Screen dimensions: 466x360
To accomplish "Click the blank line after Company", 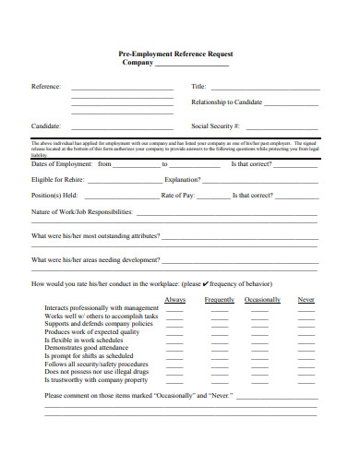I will (193, 66).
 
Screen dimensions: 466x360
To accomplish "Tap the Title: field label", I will (198, 86).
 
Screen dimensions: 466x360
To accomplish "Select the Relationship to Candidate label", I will (226, 102).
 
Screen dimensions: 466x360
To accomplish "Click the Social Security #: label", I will (215, 125).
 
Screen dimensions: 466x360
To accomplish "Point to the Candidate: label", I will (46, 125).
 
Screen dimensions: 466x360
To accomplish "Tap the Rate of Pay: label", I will (178, 196).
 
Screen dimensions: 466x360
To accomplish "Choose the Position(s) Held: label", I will (54, 196).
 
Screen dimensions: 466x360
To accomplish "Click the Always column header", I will (174, 300).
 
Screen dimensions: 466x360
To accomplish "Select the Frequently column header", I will (220, 300).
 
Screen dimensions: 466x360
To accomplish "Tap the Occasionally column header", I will (262, 300).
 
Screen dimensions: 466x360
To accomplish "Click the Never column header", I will (306, 300).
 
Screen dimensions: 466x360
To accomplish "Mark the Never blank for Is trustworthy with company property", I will (306, 379).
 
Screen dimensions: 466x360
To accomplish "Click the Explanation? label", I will (183, 179).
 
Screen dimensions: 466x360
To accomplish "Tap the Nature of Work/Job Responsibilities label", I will (82, 212).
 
